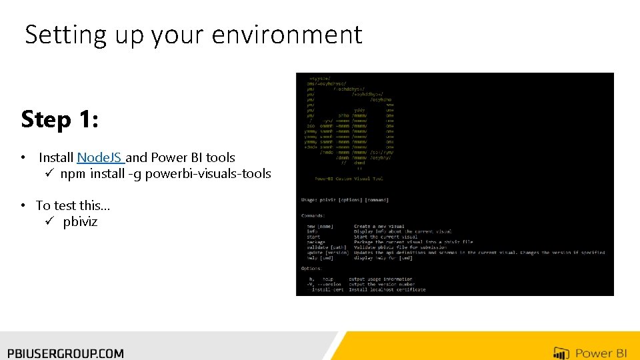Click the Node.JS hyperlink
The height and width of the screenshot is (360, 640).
(x=99, y=158)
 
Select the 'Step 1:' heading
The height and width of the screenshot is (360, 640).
(x=60, y=119)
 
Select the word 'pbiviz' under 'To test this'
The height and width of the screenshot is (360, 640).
(x=80, y=222)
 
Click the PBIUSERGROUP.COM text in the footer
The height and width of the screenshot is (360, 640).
(x=65, y=353)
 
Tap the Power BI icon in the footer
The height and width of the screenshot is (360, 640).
(x=561, y=353)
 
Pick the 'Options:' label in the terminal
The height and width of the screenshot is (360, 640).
(x=311, y=269)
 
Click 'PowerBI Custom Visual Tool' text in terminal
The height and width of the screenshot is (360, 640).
(x=349, y=178)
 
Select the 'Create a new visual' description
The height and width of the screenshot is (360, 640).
(x=379, y=227)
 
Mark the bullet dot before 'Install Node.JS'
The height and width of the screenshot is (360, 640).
(x=23, y=159)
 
